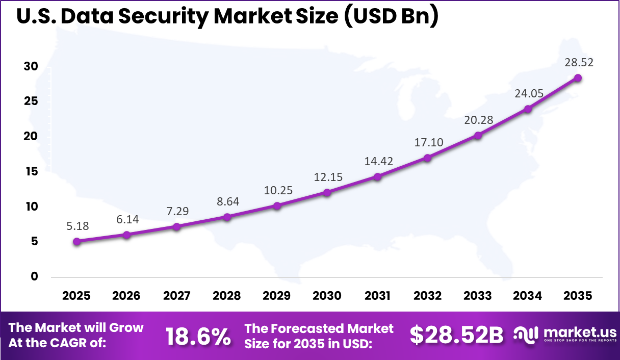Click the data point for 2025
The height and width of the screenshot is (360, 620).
click(76, 242)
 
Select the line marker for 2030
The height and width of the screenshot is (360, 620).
click(327, 193)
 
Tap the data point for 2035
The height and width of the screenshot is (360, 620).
click(578, 78)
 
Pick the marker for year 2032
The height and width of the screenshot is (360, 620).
click(427, 158)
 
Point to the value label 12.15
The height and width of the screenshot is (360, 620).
click(327, 177)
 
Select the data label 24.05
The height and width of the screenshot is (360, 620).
click(528, 93)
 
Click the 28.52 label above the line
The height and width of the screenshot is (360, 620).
click(578, 63)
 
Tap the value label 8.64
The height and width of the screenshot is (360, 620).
click(227, 201)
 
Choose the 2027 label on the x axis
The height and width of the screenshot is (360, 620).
click(176, 296)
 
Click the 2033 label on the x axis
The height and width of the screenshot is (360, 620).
click(477, 296)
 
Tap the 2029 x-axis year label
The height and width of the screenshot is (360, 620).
click(277, 296)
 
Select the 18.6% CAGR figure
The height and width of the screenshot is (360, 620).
click(198, 336)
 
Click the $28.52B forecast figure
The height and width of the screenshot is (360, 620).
click(456, 336)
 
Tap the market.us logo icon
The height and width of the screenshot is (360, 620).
click(526, 334)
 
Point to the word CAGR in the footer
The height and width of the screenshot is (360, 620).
click(82, 343)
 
